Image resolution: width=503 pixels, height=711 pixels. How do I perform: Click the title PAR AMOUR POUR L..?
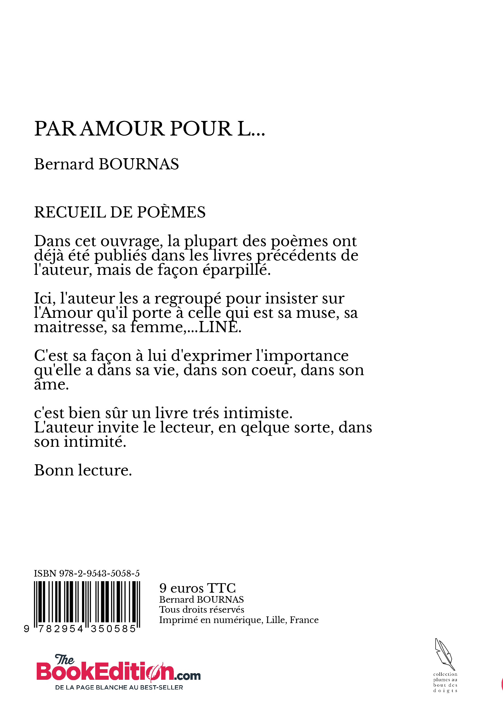pyautogui.click(x=149, y=128)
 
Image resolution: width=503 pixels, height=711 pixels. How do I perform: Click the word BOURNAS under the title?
pyautogui.click(x=139, y=164)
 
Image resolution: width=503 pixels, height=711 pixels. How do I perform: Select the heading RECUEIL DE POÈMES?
pyautogui.click(x=120, y=212)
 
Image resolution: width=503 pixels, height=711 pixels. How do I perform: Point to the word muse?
pyautogui.click(x=316, y=313)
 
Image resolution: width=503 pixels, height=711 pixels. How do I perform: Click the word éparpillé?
pyautogui.click(x=237, y=270)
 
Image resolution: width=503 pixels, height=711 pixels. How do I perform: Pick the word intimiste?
pyautogui.click(x=258, y=413)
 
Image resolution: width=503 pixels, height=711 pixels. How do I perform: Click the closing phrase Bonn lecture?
pyautogui.click(x=83, y=470)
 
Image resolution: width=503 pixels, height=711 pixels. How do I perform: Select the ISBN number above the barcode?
pyautogui.click(x=87, y=573)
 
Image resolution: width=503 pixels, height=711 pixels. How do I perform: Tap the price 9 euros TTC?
pyautogui.click(x=197, y=588)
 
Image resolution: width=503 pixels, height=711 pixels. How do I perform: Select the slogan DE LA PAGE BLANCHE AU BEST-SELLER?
pyautogui.click(x=119, y=688)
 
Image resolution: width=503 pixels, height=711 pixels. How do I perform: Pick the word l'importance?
pyautogui.click(x=302, y=356)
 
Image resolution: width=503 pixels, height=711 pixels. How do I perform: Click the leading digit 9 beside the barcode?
pyautogui.click(x=27, y=629)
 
